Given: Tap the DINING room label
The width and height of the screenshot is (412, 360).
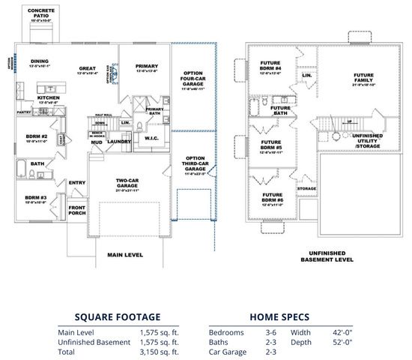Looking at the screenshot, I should coord(40,61).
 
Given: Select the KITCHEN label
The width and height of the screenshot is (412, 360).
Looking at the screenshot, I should coord(49,97).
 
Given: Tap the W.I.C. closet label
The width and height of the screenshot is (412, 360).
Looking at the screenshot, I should coord(149,138).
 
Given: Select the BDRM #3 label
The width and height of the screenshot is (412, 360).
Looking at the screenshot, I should coord(36,198).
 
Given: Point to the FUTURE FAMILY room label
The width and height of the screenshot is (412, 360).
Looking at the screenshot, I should coord(363,78).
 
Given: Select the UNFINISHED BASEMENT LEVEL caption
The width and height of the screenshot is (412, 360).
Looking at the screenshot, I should coord(327,256).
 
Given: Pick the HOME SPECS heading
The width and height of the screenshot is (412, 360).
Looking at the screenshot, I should coord(279,316).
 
